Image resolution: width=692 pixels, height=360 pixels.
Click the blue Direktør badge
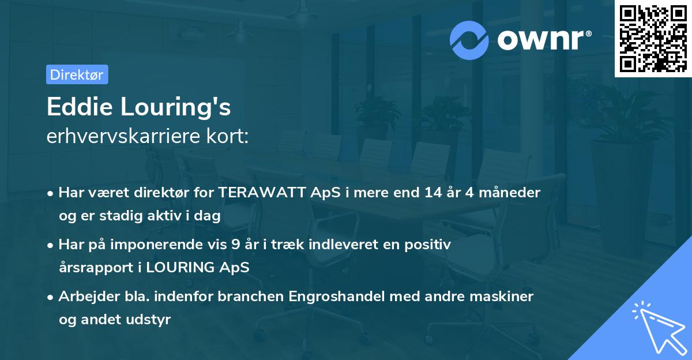(77, 74)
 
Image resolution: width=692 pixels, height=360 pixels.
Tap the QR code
(653, 39)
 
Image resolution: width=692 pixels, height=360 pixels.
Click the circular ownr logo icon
(469, 40)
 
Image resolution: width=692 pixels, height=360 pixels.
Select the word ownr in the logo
(541, 40)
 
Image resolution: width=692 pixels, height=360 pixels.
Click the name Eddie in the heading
(80, 107)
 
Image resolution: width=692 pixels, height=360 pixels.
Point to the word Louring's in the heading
(175, 107)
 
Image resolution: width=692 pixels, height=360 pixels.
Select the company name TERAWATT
(262, 193)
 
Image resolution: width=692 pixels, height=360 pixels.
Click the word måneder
(509, 193)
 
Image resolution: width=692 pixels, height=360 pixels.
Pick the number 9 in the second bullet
(235, 245)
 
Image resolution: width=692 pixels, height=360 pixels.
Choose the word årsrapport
(96, 268)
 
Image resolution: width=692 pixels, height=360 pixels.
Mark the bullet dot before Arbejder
(50, 298)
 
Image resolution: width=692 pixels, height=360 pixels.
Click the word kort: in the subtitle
(228, 136)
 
